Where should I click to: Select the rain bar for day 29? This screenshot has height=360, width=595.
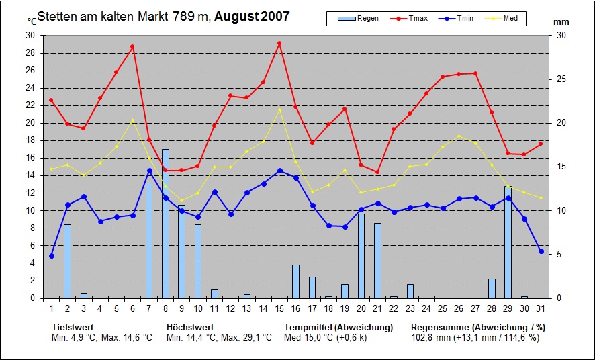(x=508, y=242)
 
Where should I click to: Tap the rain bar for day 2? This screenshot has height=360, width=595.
(x=67, y=261)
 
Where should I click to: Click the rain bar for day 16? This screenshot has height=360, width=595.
(x=295, y=281)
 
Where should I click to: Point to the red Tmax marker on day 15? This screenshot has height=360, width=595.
(x=279, y=43)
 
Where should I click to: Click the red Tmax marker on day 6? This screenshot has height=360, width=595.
(x=132, y=46)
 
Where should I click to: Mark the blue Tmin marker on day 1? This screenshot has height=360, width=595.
(x=51, y=256)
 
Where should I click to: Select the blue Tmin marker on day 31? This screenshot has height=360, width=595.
(x=541, y=251)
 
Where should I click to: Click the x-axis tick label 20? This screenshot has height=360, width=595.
(x=361, y=308)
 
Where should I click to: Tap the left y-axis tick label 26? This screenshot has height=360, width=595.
(x=30, y=70)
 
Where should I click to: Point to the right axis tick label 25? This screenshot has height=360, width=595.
(x=561, y=79)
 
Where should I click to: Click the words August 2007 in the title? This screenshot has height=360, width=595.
(x=252, y=16)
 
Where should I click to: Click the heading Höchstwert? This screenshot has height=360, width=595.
(x=190, y=327)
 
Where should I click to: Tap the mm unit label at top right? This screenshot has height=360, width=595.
(x=561, y=22)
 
